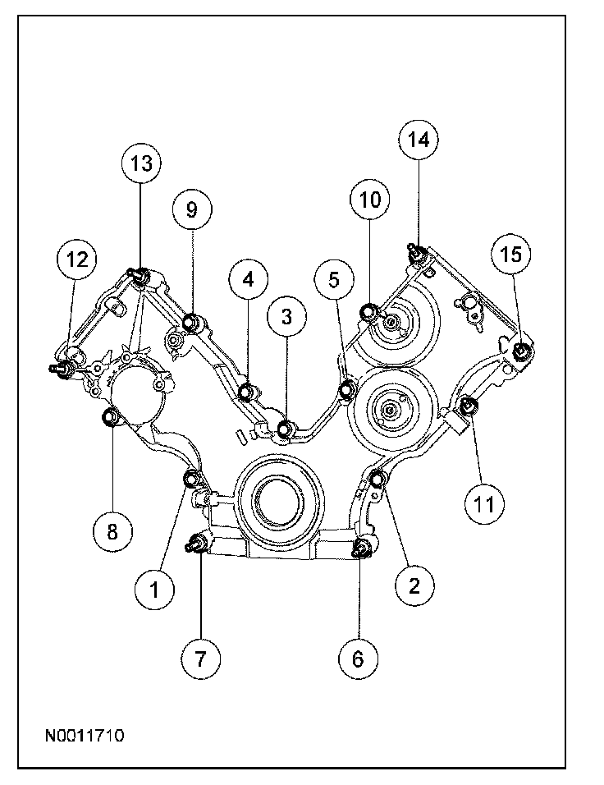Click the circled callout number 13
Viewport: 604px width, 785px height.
tap(141, 163)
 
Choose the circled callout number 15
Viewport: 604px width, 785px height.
tap(511, 255)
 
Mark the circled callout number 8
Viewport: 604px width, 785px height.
tap(112, 531)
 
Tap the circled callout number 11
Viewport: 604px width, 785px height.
tap(483, 503)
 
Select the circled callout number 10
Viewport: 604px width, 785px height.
tap(368, 199)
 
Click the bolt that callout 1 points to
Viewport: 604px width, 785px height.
tap(193, 479)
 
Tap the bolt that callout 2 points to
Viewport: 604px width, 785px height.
tap(379, 478)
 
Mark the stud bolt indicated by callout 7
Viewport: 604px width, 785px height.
tap(199, 543)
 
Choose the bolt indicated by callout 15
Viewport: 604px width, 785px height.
tap(521, 353)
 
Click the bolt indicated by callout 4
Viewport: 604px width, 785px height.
tap(245, 390)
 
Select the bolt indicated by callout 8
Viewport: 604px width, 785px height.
tap(109, 420)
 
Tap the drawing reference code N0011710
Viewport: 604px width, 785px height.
tap(85, 737)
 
